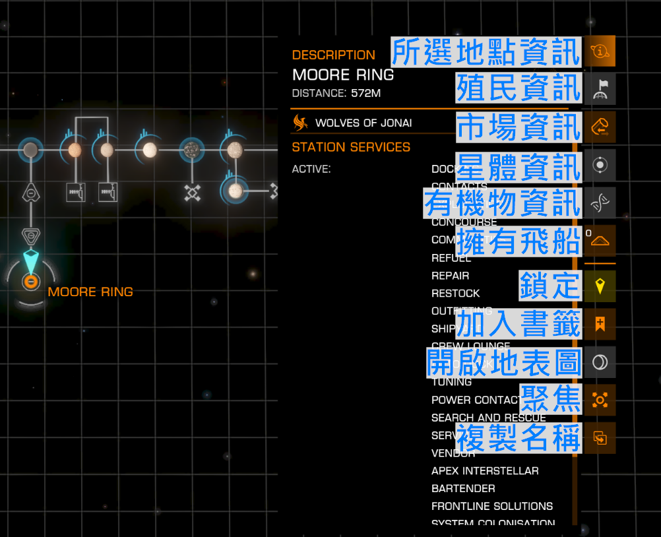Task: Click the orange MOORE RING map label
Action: coord(90,292)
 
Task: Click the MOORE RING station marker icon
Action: coord(30,282)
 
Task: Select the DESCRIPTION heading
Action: coord(333,55)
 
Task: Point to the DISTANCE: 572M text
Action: coord(336,93)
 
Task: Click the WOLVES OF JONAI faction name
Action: coord(363,123)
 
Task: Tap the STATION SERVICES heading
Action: coord(351,147)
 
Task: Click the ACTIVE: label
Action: coord(311,170)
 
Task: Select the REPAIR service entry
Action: coord(450,276)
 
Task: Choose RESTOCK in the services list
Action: coord(455,294)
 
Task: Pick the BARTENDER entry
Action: coord(463,489)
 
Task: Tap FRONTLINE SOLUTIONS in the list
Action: coord(492,507)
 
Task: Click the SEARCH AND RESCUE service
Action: coord(488,418)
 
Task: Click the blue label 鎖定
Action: coord(550,285)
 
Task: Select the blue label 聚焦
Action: coord(550,398)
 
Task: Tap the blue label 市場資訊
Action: coord(519,127)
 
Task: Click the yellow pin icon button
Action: coord(600,286)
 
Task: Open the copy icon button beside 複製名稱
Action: coord(600,437)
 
